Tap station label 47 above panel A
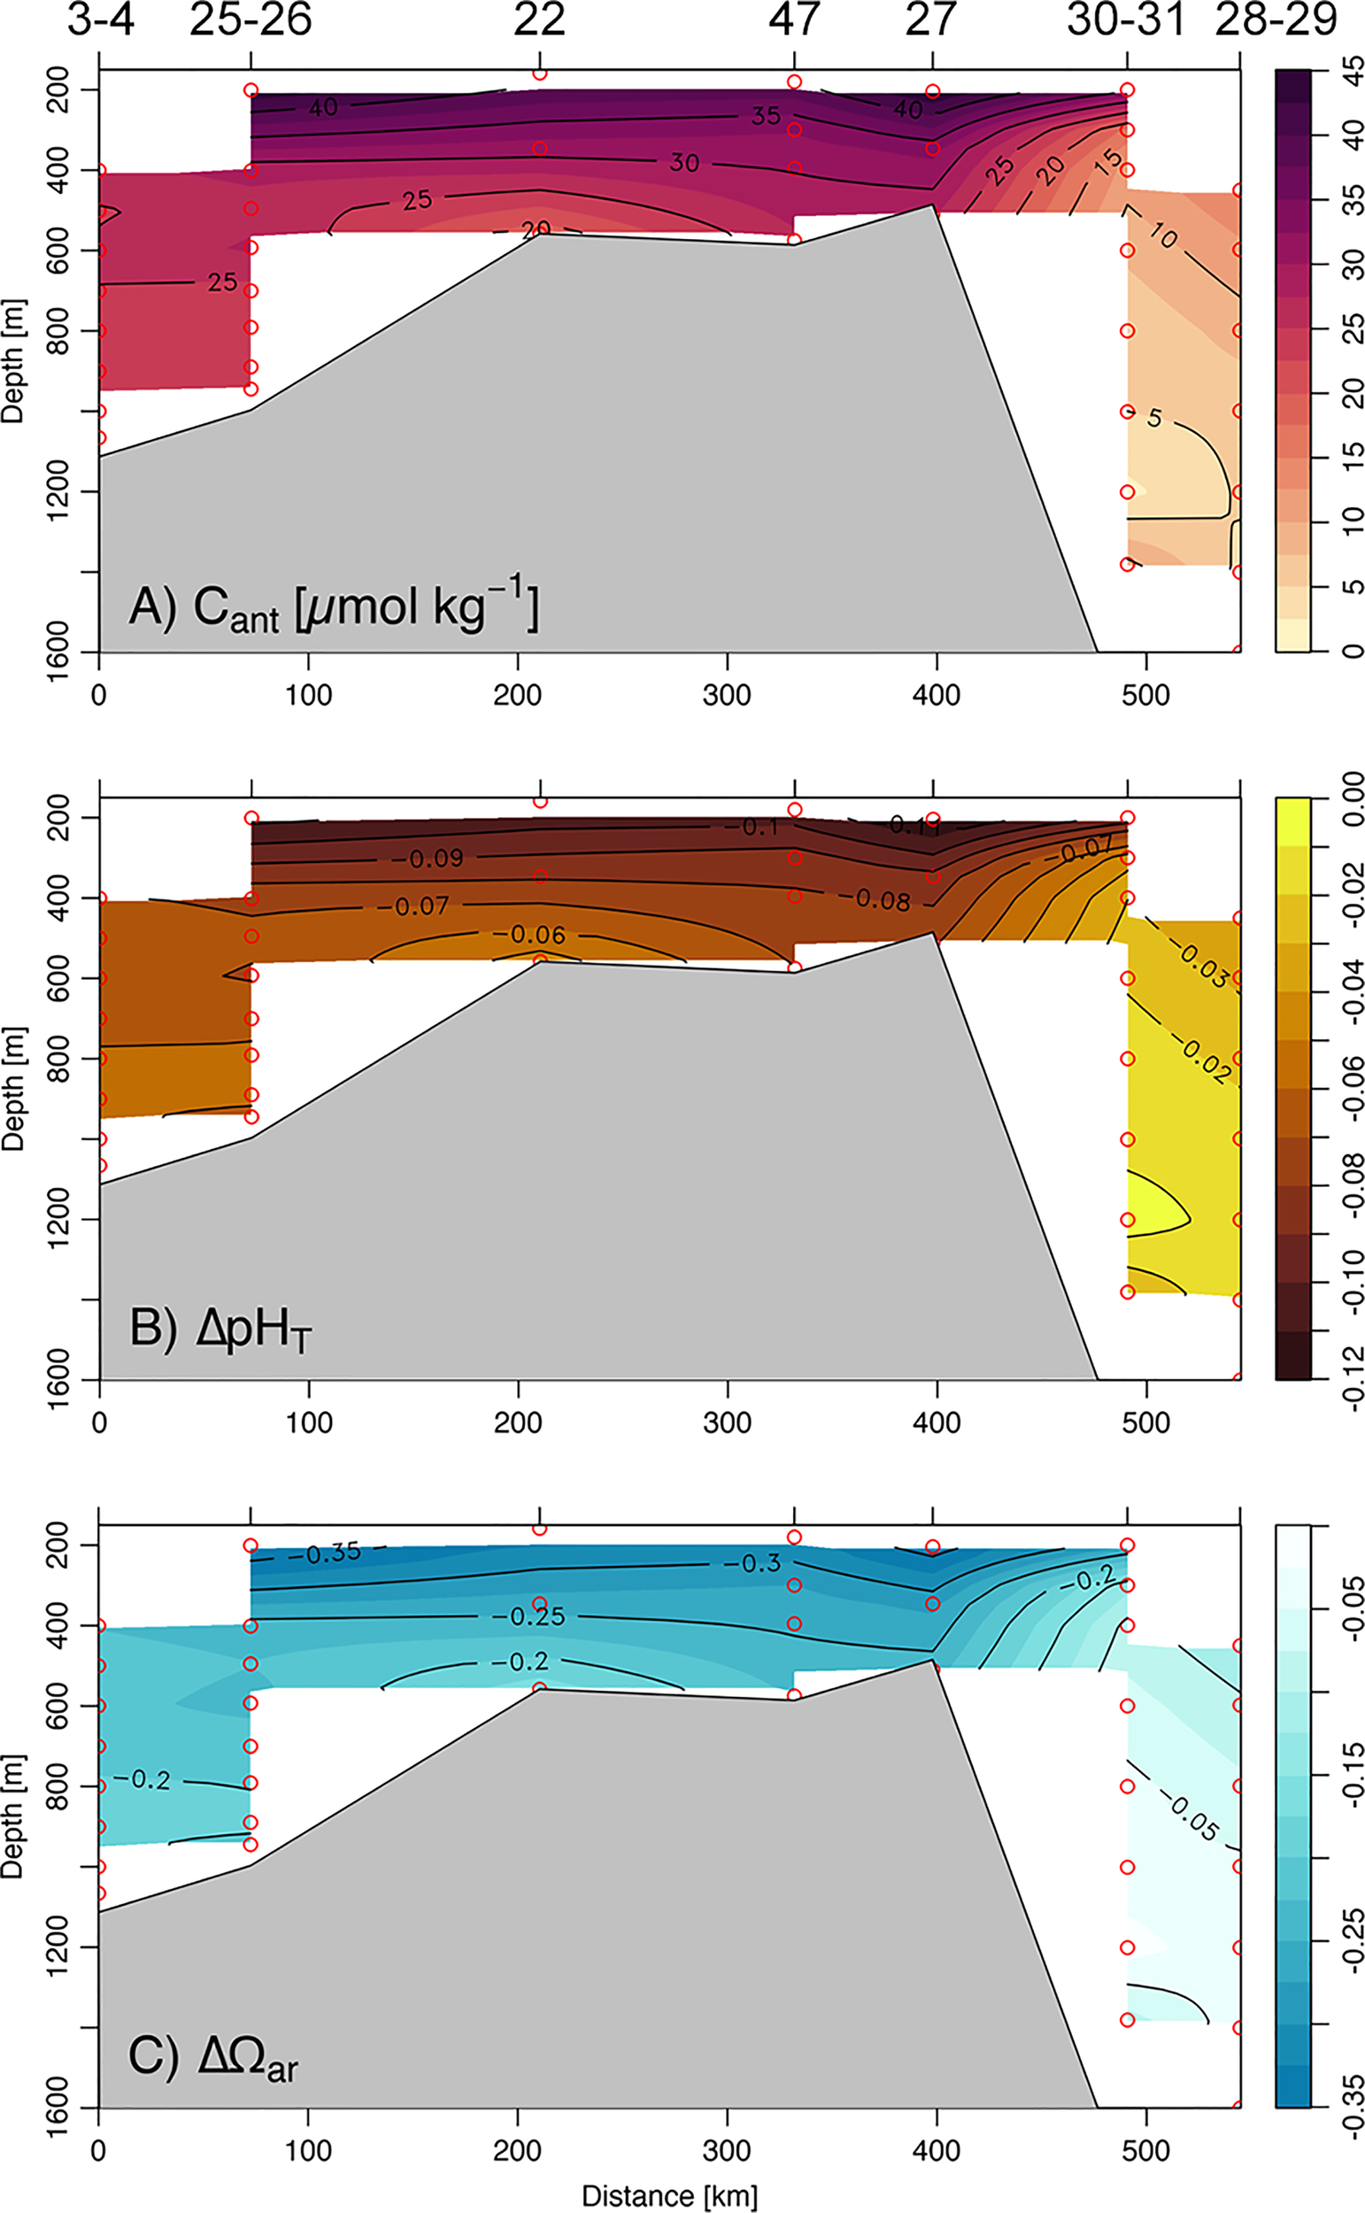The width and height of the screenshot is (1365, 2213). click(794, 19)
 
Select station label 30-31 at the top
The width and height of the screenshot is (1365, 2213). click(1126, 19)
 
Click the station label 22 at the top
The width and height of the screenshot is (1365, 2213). click(540, 19)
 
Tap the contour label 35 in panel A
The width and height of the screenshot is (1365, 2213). click(766, 117)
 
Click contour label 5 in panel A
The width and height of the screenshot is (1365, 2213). click(1154, 418)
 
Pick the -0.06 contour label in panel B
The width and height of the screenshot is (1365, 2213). click(537, 935)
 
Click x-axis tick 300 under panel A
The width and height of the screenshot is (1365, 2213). click(727, 696)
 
